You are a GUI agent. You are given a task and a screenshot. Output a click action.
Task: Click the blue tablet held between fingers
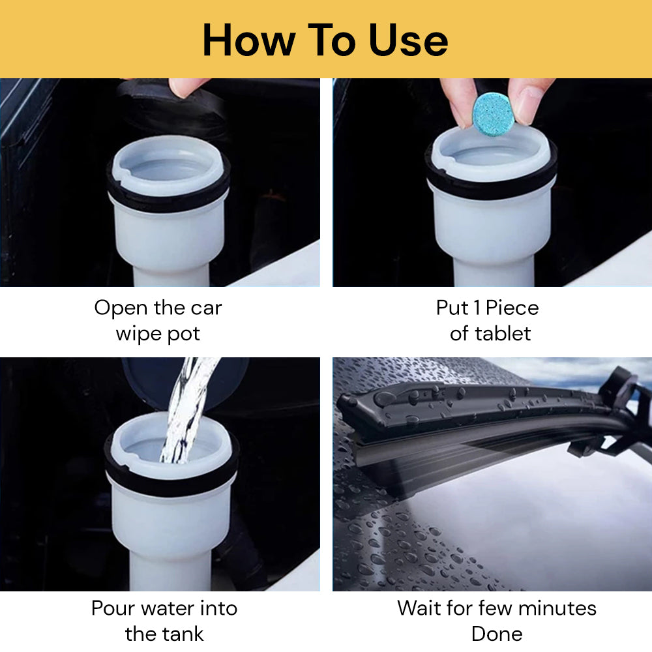pos(494,114)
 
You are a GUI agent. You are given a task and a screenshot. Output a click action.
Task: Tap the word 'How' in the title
pos(248,40)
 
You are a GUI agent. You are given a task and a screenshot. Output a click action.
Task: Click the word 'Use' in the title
pos(408,40)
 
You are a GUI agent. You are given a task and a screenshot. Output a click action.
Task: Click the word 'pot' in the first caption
pos(183,334)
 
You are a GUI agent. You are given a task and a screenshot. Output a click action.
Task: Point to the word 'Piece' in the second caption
pos(512,308)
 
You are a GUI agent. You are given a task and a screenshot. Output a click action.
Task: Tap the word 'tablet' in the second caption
pos(503,333)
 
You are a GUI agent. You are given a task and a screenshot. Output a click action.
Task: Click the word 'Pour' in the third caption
pos(112,608)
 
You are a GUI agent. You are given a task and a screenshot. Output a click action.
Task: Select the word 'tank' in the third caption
pos(183,634)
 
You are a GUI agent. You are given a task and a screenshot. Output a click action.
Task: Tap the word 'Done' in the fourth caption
pos(497,634)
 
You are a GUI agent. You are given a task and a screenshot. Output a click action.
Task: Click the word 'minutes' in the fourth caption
pos(557,608)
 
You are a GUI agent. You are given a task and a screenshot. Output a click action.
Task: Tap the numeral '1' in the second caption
pos(477,308)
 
